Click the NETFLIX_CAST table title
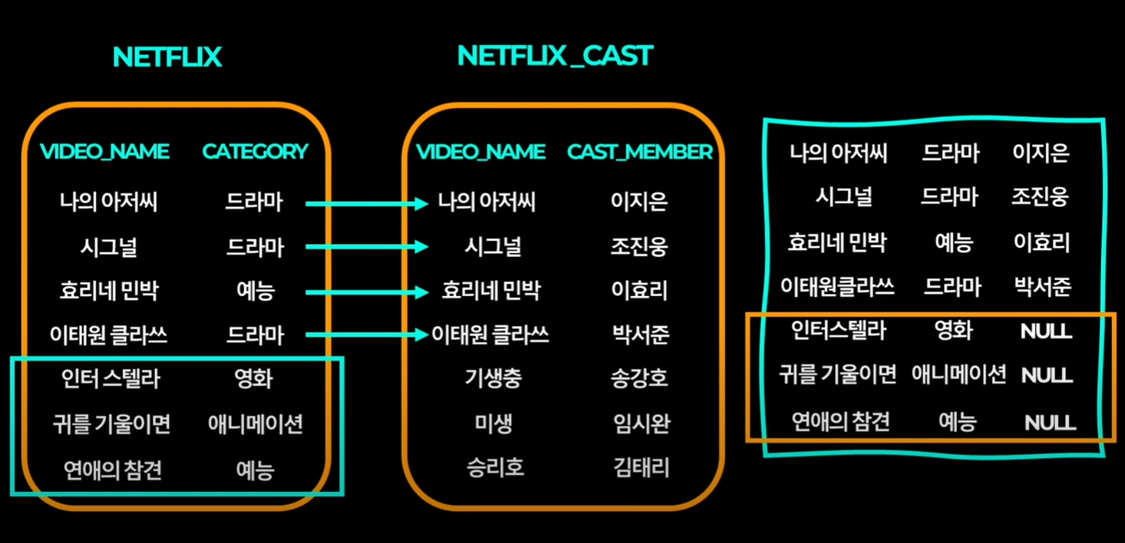(x=555, y=56)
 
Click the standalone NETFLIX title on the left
(x=167, y=58)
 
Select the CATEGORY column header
(x=255, y=152)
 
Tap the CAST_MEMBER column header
(x=639, y=152)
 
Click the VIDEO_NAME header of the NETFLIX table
(x=105, y=152)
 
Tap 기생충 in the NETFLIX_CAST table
(x=493, y=379)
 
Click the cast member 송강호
(x=639, y=379)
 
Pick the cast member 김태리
(x=641, y=468)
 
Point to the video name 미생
(x=493, y=424)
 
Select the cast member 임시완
(x=641, y=424)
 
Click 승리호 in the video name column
(x=495, y=468)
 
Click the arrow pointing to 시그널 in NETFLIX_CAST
(x=366, y=247)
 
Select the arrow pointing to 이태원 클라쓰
(x=366, y=335)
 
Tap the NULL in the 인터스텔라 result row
(x=1046, y=331)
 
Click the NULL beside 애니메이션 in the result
(x=1047, y=376)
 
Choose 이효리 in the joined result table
(x=1041, y=243)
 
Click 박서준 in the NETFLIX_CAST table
(x=640, y=335)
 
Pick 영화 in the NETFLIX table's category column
(x=253, y=379)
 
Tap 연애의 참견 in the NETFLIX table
(x=112, y=469)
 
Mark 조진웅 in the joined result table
(x=1039, y=197)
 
